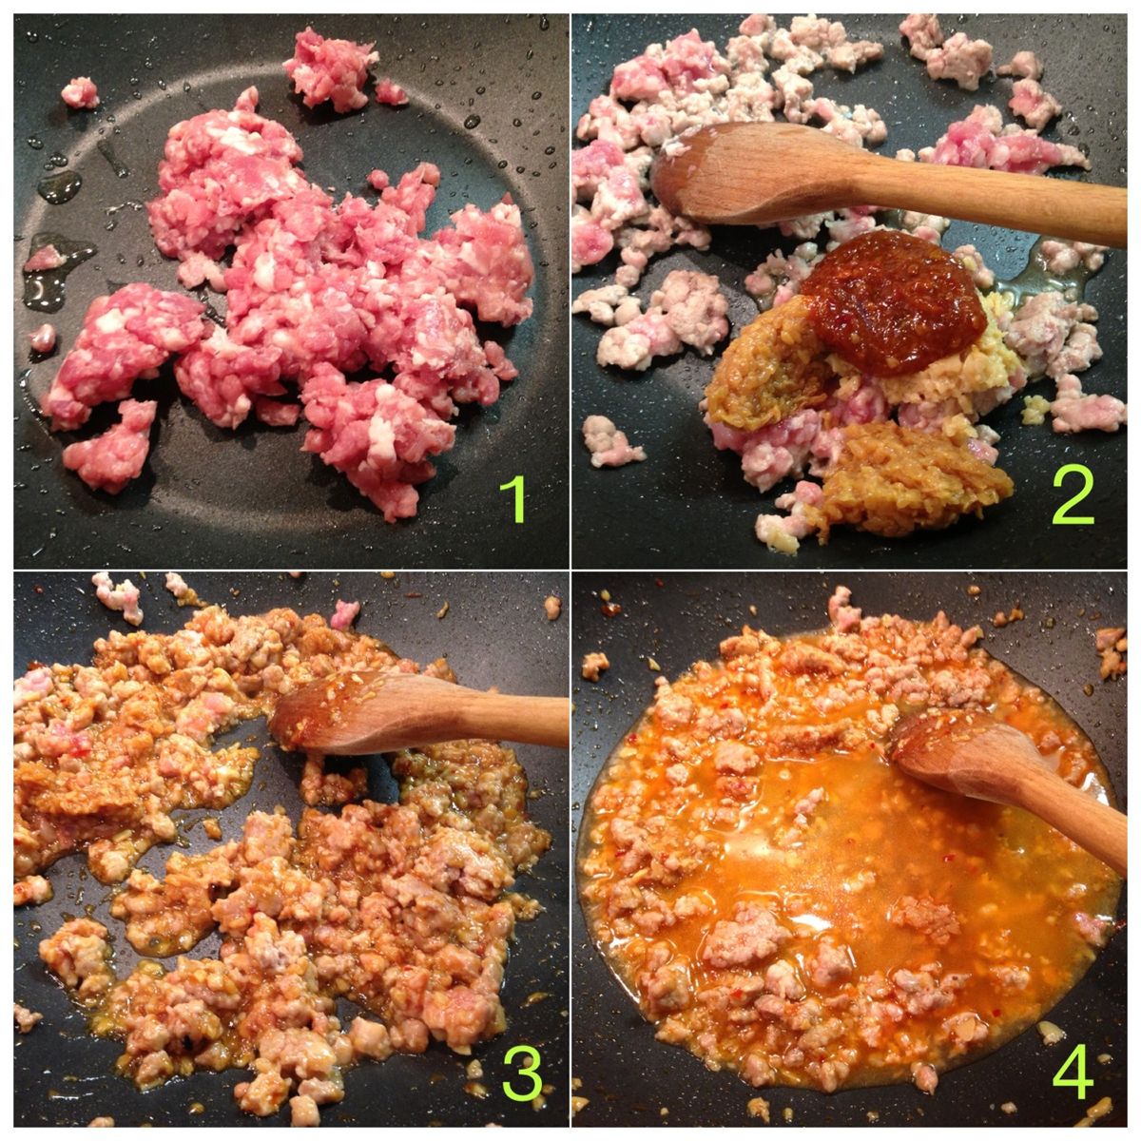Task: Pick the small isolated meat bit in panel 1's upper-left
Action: (x=80, y=93)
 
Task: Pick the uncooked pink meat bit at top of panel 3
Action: (x=344, y=614)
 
